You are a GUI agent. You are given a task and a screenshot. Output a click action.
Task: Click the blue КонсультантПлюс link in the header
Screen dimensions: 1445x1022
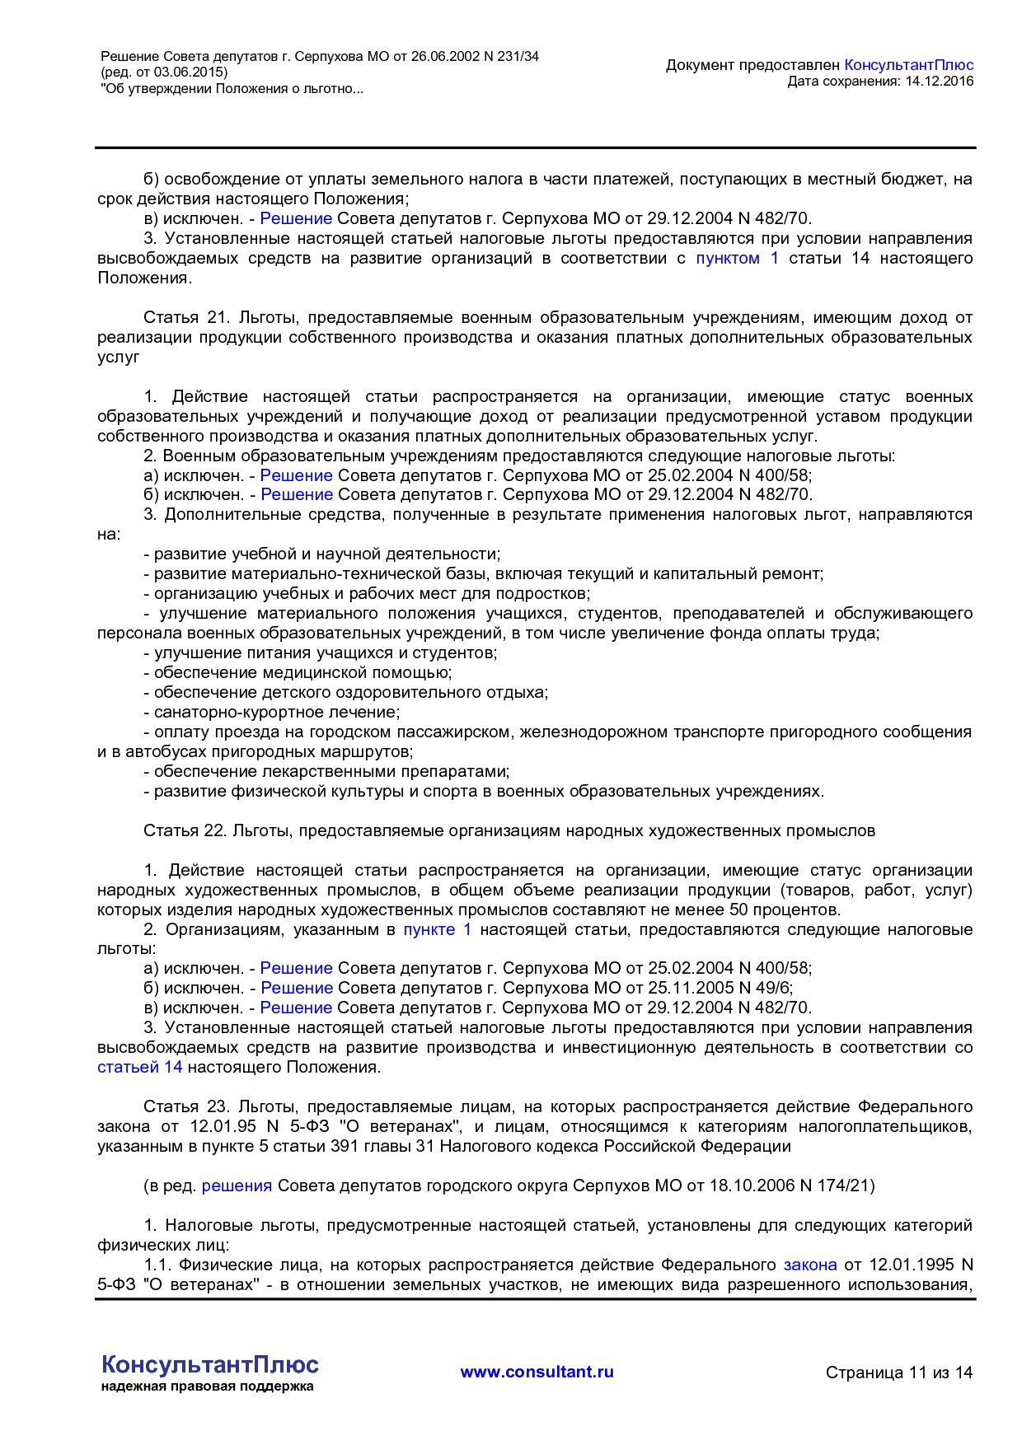coord(909,65)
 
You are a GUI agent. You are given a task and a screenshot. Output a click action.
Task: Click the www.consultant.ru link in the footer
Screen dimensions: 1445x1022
coord(537,1372)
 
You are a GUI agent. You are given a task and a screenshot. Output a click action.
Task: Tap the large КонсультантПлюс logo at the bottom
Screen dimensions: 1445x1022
coord(209,1364)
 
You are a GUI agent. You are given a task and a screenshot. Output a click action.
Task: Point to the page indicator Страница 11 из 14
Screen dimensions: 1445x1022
coord(898,1373)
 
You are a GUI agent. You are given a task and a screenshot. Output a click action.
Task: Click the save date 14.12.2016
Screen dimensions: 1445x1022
coord(940,82)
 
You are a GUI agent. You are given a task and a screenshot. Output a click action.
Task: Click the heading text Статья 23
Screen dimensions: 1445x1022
coord(185,1107)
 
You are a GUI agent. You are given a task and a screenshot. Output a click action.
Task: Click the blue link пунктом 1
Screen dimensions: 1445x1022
coord(737,259)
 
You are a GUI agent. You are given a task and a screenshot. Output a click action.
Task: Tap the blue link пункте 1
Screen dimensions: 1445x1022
coord(437,930)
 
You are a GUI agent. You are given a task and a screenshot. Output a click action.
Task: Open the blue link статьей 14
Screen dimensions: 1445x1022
coord(139,1068)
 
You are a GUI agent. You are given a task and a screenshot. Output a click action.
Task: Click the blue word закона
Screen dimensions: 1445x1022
coord(809,1265)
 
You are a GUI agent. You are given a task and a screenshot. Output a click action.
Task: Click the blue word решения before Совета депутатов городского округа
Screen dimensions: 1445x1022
coord(237,1186)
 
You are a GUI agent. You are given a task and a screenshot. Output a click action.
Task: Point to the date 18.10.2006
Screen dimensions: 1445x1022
coord(748,1186)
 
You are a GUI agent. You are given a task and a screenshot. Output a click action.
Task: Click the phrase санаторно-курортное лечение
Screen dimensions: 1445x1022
coord(276,713)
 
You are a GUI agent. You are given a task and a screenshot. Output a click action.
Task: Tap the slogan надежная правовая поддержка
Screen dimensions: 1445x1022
coord(207,1387)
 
